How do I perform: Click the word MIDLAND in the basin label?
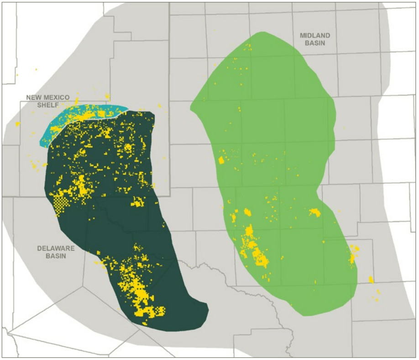pyautogui.click(x=315, y=35)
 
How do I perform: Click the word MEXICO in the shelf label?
pyautogui.click(x=58, y=97)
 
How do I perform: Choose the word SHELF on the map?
pyautogui.click(x=47, y=105)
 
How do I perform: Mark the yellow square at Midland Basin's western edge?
pyautogui.click(x=221, y=160)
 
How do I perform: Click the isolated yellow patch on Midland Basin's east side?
pyautogui.click(x=314, y=212)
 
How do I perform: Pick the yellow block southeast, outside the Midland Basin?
pyautogui.click(x=371, y=279)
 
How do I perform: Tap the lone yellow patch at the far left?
pyautogui.click(x=17, y=124)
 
